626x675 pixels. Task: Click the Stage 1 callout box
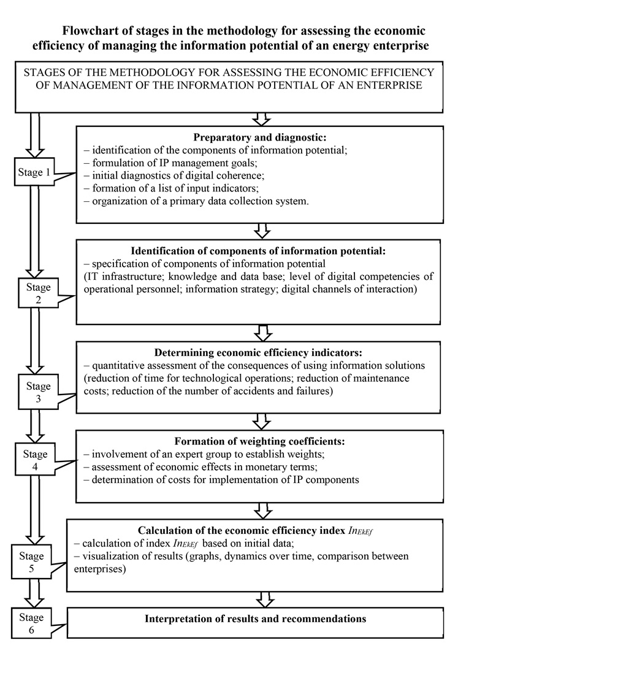(x=34, y=172)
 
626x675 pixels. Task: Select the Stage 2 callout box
(x=38, y=294)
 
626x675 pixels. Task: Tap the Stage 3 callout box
(x=38, y=393)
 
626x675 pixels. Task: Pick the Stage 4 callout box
(x=35, y=461)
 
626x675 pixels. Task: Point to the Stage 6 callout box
(x=31, y=623)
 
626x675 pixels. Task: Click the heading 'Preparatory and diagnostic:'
(x=260, y=138)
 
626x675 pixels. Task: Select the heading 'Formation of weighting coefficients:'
(x=260, y=441)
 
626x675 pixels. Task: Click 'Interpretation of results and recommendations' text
(x=255, y=619)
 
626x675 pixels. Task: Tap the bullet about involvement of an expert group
(x=207, y=454)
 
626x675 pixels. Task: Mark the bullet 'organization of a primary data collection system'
(x=196, y=201)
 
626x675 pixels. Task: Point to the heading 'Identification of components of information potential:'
(x=260, y=251)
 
